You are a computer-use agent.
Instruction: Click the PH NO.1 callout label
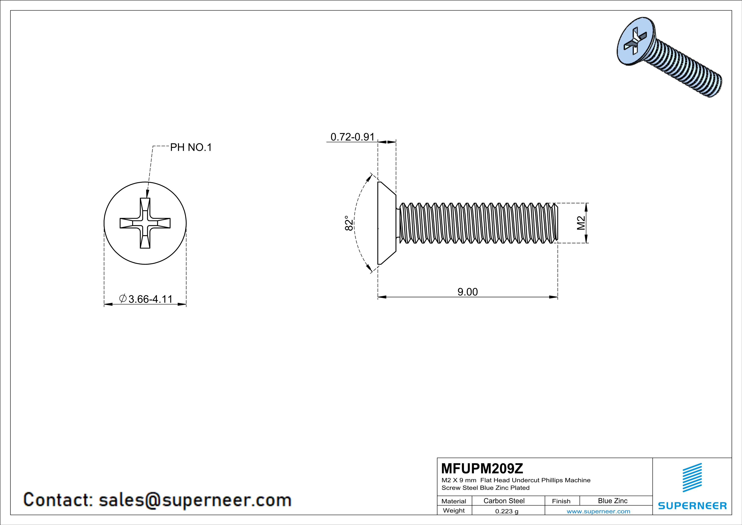(191, 147)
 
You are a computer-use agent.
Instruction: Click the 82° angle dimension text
(349, 223)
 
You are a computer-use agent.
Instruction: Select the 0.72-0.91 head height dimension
(352, 137)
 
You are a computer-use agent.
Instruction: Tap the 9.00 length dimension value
(467, 292)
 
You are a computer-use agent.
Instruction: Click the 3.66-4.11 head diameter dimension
(150, 299)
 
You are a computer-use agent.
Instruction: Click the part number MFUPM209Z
(482, 468)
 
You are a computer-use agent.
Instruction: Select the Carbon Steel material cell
(504, 501)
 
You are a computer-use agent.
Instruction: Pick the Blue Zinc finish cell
(612, 501)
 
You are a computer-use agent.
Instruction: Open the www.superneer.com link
(598, 511)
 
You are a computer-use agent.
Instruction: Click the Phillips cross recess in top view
(145, 223)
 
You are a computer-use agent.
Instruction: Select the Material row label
(454, 501)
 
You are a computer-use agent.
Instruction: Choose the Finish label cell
(561, 501)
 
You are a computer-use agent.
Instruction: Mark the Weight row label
(454, 510)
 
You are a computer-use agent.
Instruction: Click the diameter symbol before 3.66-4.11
(123, 298)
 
